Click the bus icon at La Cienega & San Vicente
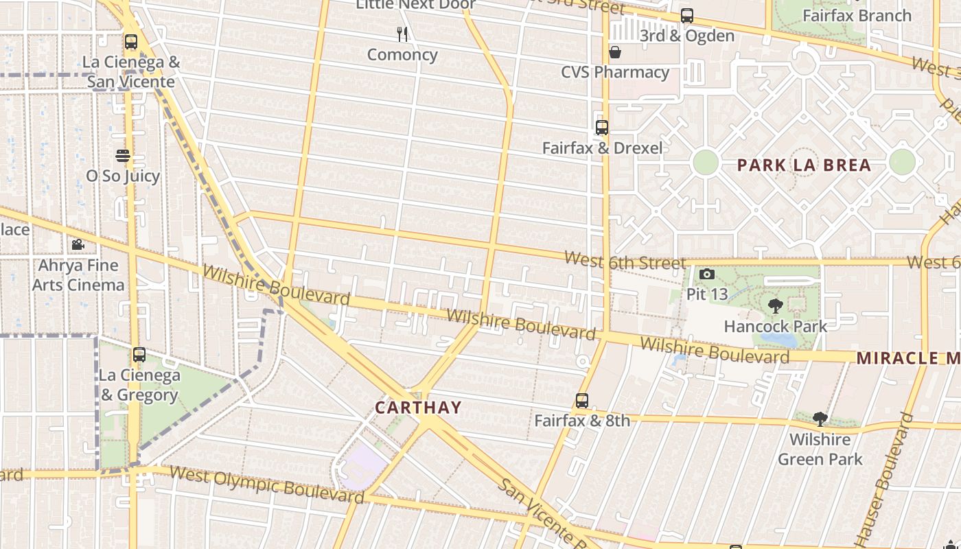click(131, 42)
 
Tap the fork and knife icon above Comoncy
click(402, 34)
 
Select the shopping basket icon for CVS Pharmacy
click(615, 52)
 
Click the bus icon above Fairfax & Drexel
click(602, 128)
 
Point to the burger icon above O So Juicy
click(123, 156)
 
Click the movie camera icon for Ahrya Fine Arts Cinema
click(78, 245)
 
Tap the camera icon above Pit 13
click(706, 274)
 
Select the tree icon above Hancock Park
click(776, 306)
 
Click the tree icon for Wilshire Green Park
click(820, 419)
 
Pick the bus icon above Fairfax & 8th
click(582, 401)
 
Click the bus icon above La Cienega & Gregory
click(139, 355)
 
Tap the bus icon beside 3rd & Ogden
click(687, 16)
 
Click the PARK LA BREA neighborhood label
click(804, 165)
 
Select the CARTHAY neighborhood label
click(418, 408)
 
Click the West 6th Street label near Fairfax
click(625, 261)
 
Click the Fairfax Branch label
click(857, 16)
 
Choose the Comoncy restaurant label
click(402, 55)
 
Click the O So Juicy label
click(123, 176)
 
